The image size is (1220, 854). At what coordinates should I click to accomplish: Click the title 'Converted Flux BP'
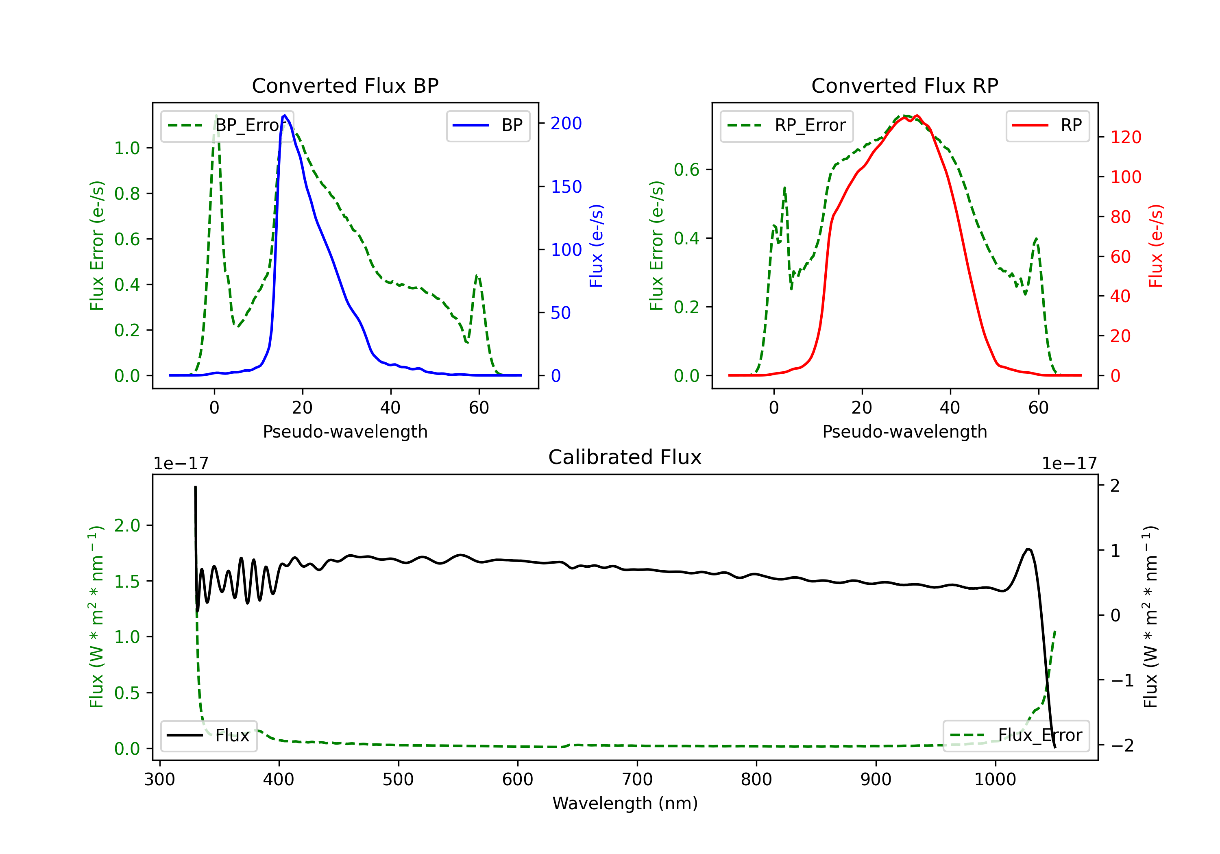tap(345, 85)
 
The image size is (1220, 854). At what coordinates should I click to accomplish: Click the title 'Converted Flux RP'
tap(904, 85)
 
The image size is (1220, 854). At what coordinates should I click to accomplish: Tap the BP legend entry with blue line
tap(488, 125)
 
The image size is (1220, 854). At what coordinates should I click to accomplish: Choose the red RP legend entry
tap(1047, 125)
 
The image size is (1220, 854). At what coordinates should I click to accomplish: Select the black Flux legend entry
tap(208, 736)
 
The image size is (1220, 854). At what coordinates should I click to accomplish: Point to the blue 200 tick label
tap(566, 123)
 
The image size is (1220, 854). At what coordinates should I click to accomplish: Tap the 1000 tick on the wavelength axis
tap(995, 779)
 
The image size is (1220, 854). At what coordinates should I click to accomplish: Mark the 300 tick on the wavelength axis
tap(159, 779)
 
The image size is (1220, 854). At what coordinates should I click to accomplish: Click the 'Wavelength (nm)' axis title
tap(625, 803)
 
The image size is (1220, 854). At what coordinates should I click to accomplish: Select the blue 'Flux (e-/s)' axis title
tap(596, 246)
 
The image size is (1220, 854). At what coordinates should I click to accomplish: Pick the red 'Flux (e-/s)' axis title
tap(1156, 246)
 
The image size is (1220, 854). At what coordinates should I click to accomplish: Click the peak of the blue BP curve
tap(285, 115)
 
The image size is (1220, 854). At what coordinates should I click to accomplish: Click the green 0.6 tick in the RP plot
tap(686, 170)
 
